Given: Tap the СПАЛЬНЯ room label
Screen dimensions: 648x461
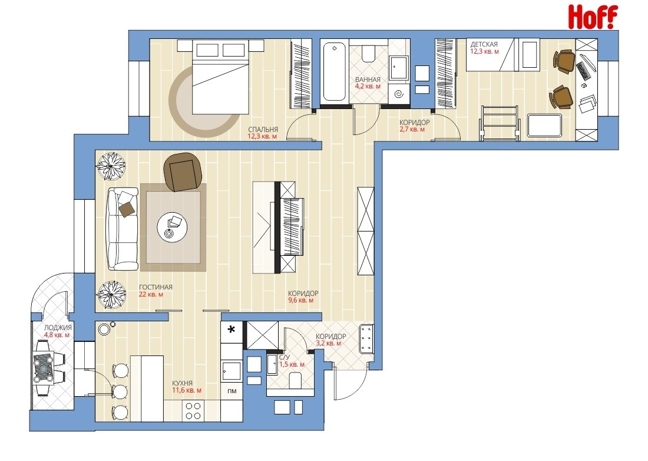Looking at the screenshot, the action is [x=263, y=129].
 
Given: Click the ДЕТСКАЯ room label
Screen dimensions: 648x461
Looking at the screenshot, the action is [x=484, y=44].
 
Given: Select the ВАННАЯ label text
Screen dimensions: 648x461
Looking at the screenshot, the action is [x=368, y=80].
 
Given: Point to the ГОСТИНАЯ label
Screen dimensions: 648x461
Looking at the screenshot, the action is [x=156, y=287].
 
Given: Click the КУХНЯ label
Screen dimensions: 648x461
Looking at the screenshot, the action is [x=182, y=383].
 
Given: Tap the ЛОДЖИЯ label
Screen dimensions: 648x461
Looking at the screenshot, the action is [x=58, y=327].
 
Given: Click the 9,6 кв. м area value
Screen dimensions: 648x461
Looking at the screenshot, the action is [x=300, y=301].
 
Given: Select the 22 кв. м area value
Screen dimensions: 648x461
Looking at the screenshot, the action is [x=151, y=294].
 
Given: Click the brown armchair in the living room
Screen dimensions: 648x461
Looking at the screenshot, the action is [x=183, y=172].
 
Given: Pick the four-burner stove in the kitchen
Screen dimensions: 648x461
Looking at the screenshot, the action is [x=193, y=411].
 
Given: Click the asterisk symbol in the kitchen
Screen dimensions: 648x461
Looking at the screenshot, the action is [x=232, y=330].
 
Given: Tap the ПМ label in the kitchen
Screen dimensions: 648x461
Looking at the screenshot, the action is [x=232, y=391].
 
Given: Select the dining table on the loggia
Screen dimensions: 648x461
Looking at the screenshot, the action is [x=44, y=367].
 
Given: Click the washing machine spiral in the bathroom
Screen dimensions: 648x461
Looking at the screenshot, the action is [x=399, y=95].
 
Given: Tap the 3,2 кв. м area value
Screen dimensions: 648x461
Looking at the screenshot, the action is [x=329, y=343].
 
